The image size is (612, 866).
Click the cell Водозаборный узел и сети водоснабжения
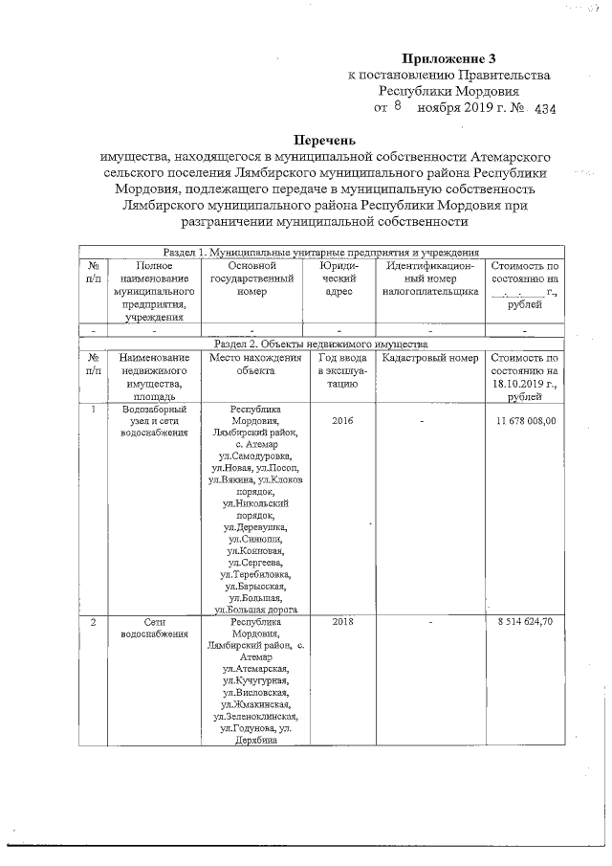point(147,420)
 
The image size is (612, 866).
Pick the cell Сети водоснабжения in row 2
point(147,628)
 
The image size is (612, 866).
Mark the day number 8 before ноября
point(394,108)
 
